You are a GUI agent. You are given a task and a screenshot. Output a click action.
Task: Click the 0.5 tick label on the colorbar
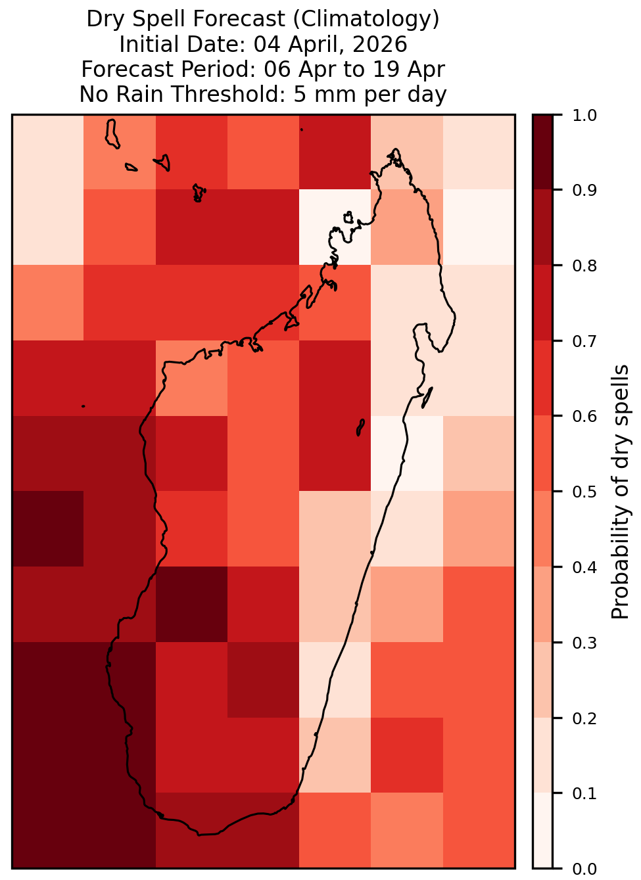tap(584, 492)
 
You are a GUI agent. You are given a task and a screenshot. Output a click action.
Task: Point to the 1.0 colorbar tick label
tap(584, 116)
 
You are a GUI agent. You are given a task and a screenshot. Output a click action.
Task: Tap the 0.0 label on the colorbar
tap(584, 869)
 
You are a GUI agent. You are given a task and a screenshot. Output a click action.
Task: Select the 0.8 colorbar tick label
tap(584, 266)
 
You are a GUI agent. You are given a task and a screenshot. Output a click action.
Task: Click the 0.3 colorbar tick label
tap(584, 643)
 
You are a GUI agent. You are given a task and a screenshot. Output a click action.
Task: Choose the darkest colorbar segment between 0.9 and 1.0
tap(542, 152)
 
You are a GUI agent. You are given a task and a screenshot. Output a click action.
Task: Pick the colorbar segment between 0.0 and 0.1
tap(542, 831)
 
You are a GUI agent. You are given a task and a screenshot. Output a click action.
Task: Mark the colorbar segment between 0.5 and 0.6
tap(542, 453)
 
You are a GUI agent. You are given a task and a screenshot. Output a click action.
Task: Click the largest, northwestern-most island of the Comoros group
tap(112, 134)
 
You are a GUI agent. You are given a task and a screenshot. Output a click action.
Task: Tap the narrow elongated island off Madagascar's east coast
tap(427, 398)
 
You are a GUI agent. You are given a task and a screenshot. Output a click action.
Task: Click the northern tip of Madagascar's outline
tap(396, 149)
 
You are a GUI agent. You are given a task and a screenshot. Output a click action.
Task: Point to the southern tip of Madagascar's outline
tap(199, 835)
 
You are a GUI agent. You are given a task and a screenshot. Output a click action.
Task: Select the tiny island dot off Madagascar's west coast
tap(83, 406)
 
